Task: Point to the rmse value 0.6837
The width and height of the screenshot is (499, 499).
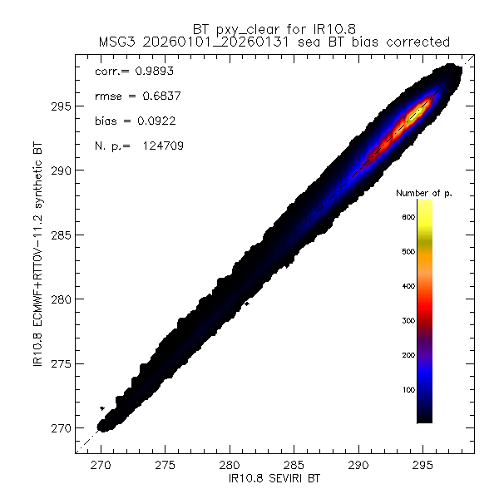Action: pyautogui.click(x=154, y=96)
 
